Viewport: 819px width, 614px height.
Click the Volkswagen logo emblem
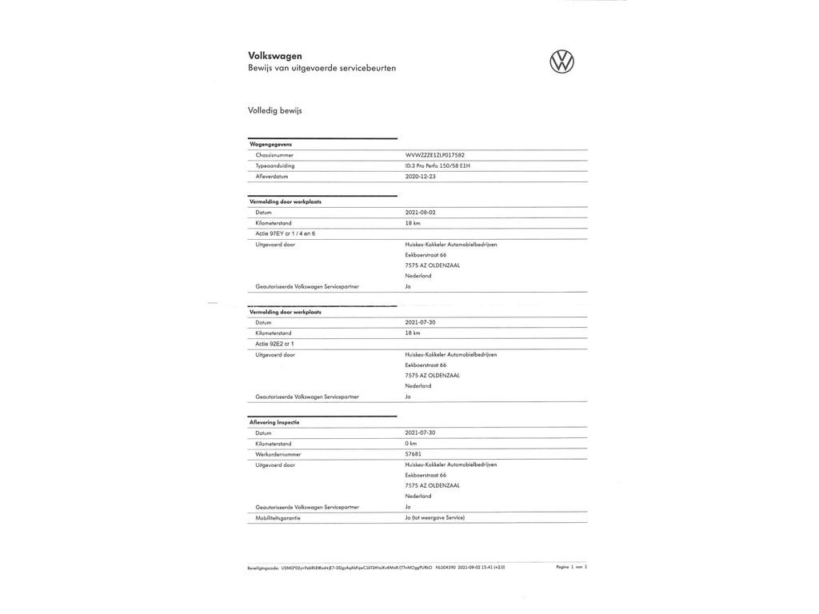(x=561, y=62)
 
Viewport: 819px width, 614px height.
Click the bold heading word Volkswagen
(x=275, y=56)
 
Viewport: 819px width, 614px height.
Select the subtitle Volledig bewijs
(x=275, y=110)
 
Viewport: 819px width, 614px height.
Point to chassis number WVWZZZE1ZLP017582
(x=434, y=155)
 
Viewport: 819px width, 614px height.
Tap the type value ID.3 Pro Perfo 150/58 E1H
(x=437, y=165)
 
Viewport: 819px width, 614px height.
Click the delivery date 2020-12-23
(x=421, y=176)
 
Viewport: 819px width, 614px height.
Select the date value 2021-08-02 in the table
(x=421, y=213)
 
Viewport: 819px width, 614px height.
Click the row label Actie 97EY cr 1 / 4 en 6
(x=286, y=233)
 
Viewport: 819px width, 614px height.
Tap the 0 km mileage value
(x=411, y=444)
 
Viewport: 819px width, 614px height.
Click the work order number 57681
(x=413, y=454)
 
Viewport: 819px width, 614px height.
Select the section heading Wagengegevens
(x=270, y=145)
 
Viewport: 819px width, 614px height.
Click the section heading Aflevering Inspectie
(x=274, y=422)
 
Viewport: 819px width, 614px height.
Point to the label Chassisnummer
(x=274, y=155)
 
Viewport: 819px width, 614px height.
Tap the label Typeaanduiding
(x=275, y=165)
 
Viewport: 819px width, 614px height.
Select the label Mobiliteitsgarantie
(x=279, y=517)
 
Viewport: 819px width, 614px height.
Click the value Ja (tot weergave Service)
(x=434, y=517)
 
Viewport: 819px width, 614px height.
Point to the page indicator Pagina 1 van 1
(x=571, y=567)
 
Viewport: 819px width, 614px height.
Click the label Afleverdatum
(x=272, y=176)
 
